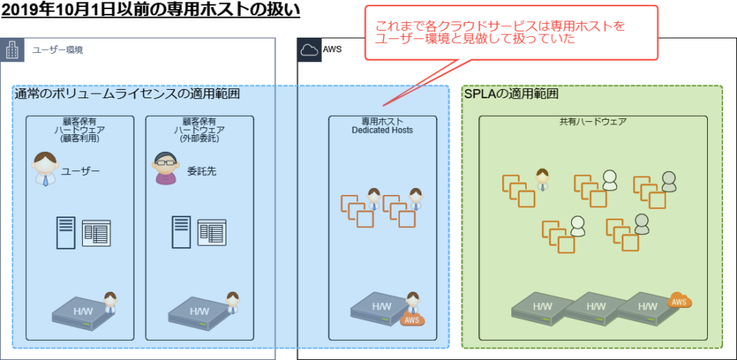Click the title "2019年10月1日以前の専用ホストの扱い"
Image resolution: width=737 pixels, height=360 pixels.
(x=150, y=12)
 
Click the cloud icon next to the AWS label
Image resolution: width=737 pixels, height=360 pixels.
(x=309, y=50)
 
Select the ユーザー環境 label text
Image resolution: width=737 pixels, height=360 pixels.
(x=58, y=50)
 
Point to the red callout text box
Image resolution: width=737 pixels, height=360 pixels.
(x=511, y=32)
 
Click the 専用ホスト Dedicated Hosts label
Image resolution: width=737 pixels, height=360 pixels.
(x=382, y=126)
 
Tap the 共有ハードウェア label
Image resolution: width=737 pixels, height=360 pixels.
(x=593, y=122)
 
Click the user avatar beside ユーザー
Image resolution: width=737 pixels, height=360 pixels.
(x=45, y=170)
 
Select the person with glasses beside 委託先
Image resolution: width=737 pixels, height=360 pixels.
(x=164, y=169)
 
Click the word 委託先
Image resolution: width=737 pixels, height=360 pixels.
(x=201, y=171)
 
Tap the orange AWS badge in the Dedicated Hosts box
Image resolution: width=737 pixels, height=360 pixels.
(x=411, y=319)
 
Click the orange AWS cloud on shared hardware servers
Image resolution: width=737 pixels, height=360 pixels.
(x=679, y=300)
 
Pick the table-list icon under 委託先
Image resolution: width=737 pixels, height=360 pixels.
(x=212, y=232)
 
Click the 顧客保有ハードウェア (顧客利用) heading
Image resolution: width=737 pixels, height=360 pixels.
(x=79, y=130)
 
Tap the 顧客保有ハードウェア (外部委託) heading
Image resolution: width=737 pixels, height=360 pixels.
(x=198, y=130)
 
